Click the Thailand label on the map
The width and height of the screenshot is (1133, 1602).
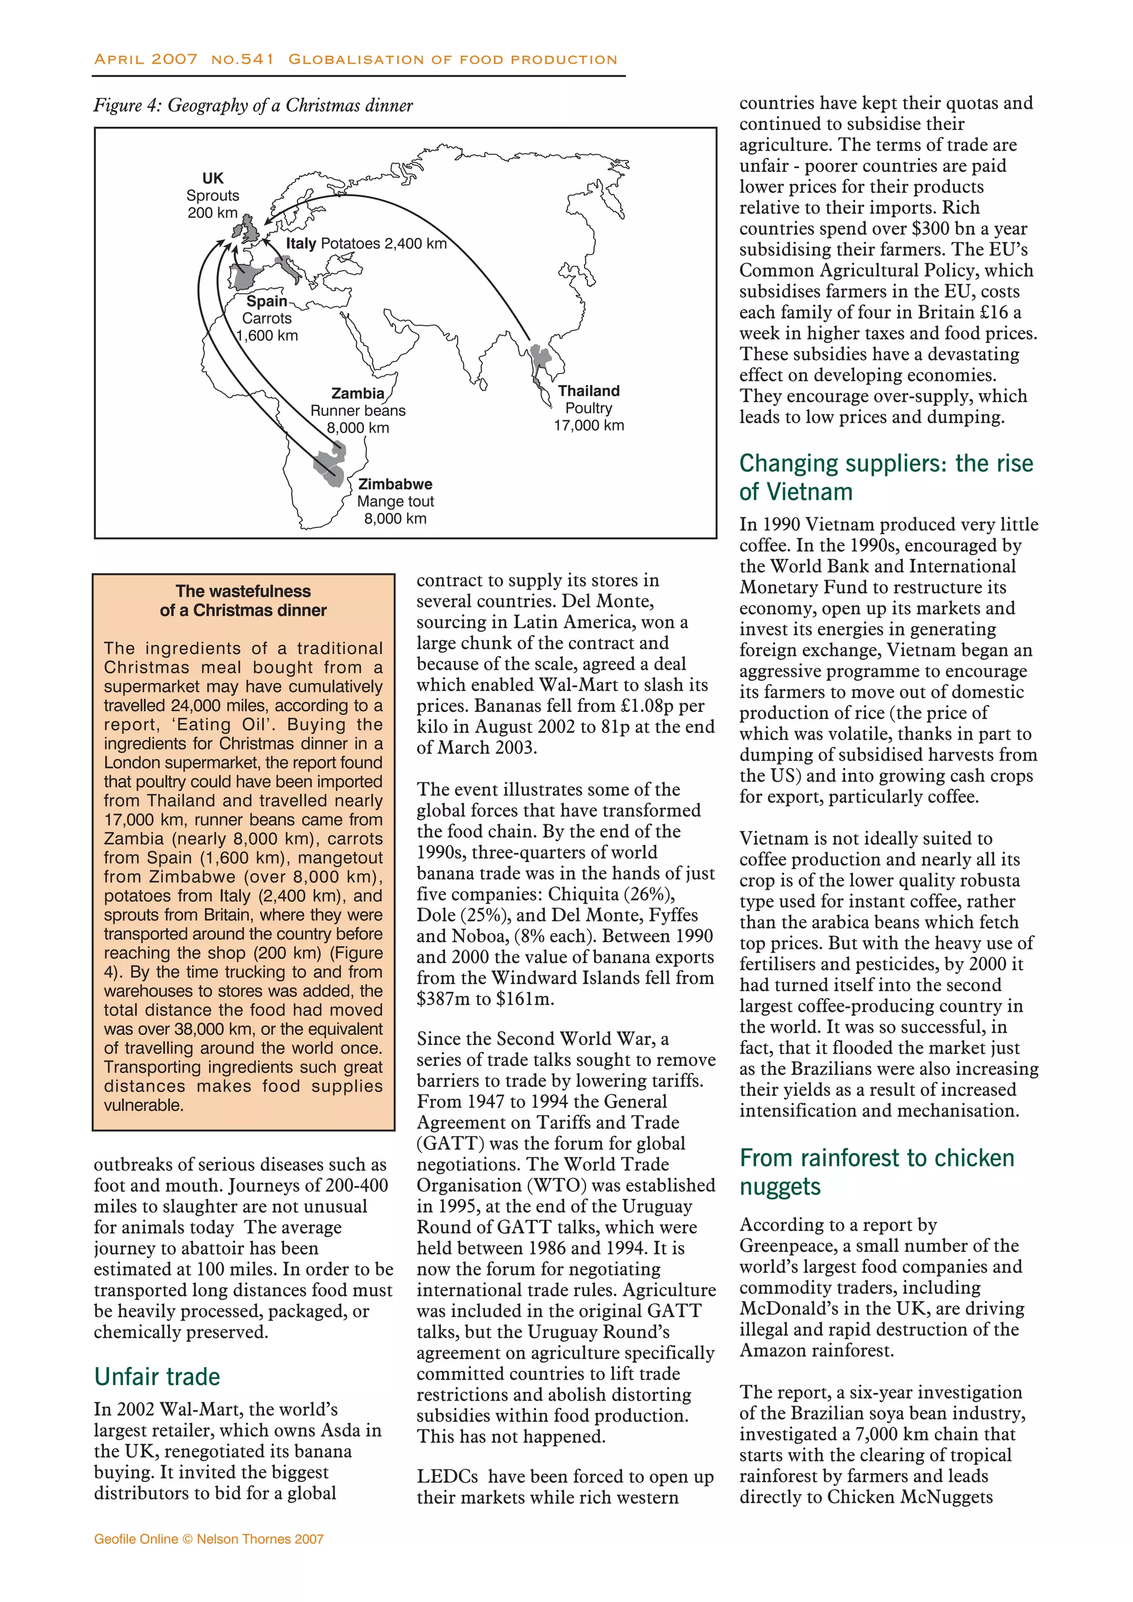[x=588, y=391]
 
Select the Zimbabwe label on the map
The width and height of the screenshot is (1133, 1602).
[x=395, y=483]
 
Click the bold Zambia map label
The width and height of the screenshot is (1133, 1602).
[x=357, y=393]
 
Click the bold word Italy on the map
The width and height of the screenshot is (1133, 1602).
[x=301, y=243]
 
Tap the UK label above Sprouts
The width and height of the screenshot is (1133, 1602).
[x=213, y=179]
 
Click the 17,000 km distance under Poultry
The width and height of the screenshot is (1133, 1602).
[x=588, y=425]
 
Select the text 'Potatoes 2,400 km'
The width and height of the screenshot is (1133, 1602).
[x=383, y=243]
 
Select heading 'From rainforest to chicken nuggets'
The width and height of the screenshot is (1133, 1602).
[x=876, y=1172]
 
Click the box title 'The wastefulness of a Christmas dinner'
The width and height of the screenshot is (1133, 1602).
[x=243, y=600]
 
